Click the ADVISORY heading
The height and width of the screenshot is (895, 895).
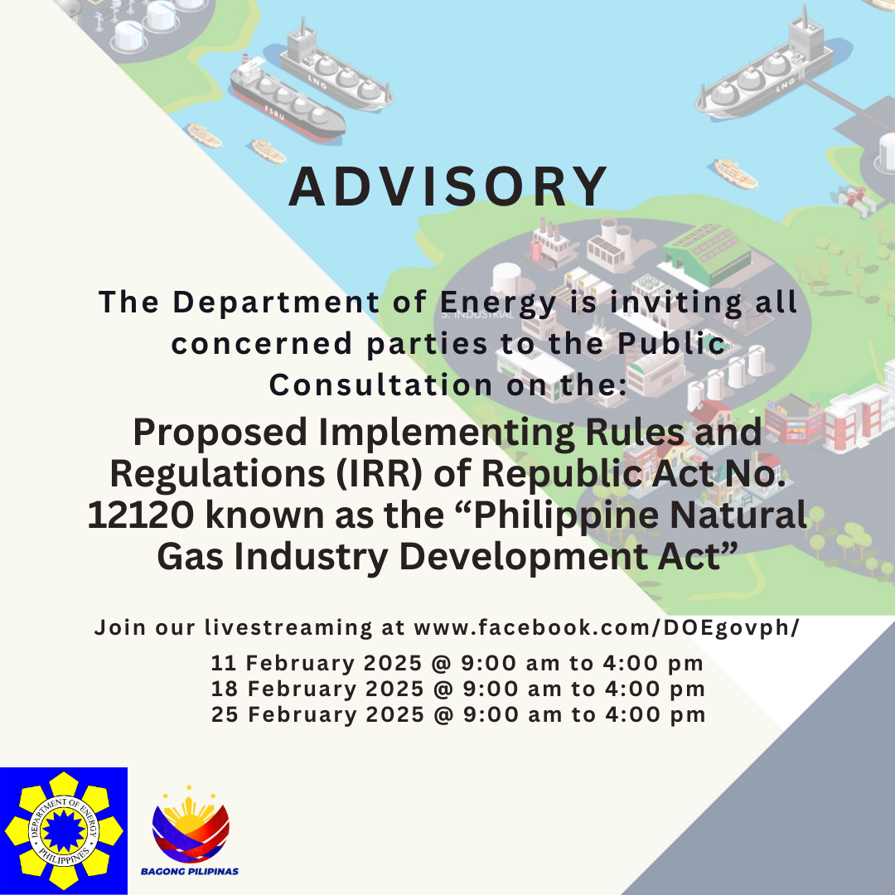click(x=448, y=186)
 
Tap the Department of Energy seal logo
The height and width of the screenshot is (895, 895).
click(x=63, y=831)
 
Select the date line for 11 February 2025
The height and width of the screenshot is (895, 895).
click(x=457, y=663)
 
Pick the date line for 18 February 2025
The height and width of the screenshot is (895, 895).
click(x=457, y=689)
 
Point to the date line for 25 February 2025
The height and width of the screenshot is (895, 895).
click(x=458, y=714)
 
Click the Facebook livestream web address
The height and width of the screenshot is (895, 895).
click(x=607, y=628)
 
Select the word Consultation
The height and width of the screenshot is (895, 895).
click(x=380, y=385)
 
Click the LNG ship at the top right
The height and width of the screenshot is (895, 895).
click(x=766, y=65)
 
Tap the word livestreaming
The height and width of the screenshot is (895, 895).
click(x=288, y=628)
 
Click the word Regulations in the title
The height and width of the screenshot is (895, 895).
click(x=217, y=475)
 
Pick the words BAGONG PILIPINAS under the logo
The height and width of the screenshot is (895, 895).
click(x=190, y=872)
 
